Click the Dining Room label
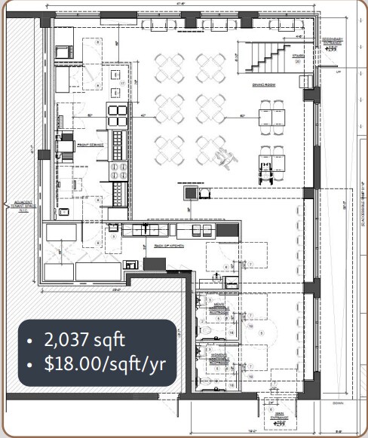click(263, 85)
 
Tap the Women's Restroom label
click(220, 356)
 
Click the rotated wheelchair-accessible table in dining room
click(223, 157)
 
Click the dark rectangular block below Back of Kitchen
click(154, 263)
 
